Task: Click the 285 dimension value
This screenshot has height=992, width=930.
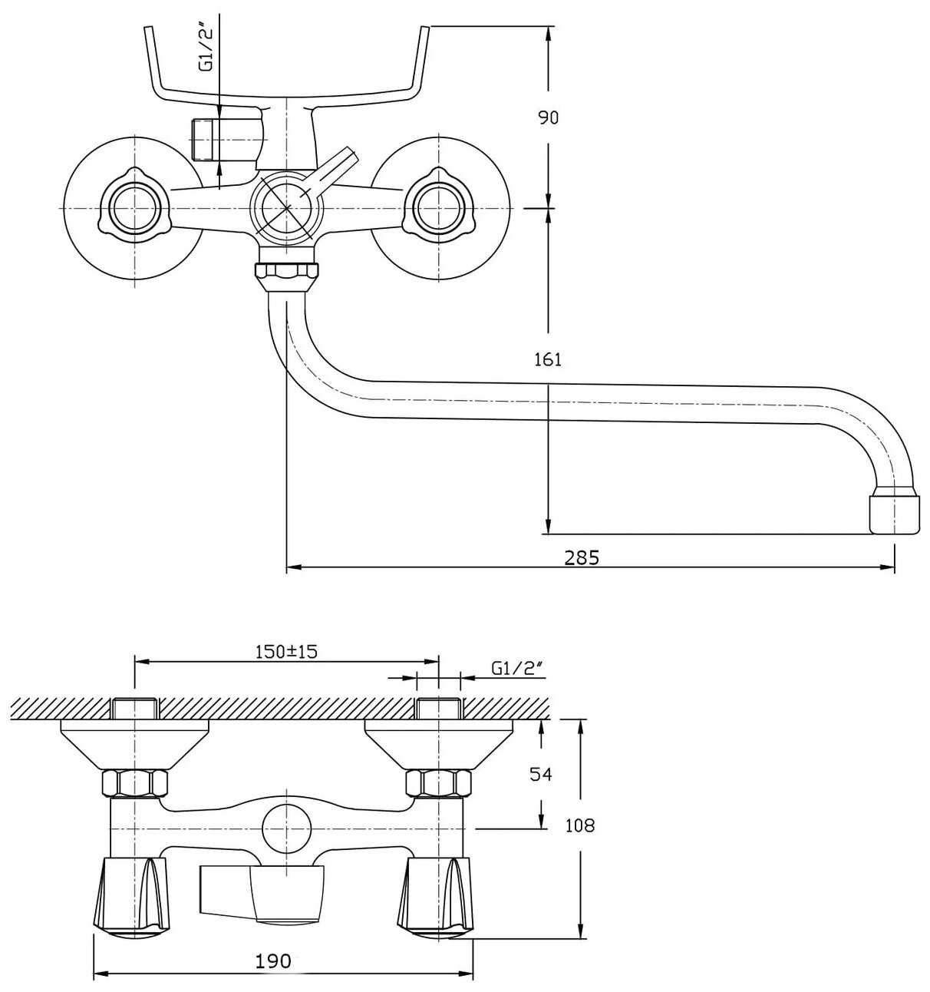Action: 582,557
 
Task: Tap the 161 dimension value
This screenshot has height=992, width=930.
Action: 548,359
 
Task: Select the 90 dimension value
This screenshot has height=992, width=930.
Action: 548,117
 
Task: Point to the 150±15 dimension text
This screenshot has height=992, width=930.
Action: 286,651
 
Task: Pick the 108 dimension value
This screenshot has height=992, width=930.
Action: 579,825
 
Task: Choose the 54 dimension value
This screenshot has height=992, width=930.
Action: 541,774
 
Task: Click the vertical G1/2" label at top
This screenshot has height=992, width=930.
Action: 206,49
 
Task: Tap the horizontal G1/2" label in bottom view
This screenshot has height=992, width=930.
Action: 517,667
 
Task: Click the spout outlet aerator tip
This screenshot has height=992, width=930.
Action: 895,514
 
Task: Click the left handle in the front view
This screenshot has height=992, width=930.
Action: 135,207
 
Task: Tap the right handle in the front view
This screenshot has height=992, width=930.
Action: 439,207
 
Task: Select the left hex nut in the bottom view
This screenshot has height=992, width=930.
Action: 135,783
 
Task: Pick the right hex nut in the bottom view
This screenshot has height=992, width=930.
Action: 439,783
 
